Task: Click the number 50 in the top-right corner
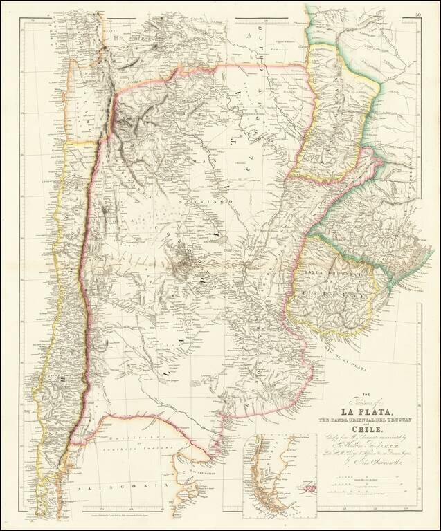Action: [x=417, y=14]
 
